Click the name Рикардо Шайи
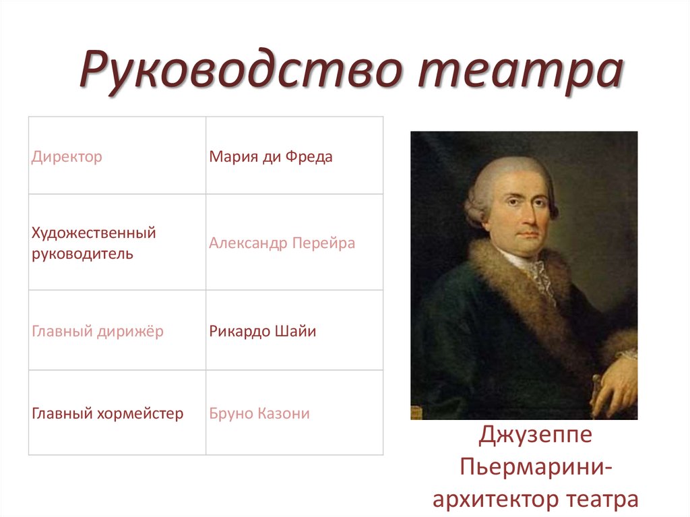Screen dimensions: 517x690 tap(262, 332)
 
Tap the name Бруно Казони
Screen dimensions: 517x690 tap(259, 413)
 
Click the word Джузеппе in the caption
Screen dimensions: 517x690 tap(536, 435)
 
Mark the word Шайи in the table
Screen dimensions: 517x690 tap(299, 332)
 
